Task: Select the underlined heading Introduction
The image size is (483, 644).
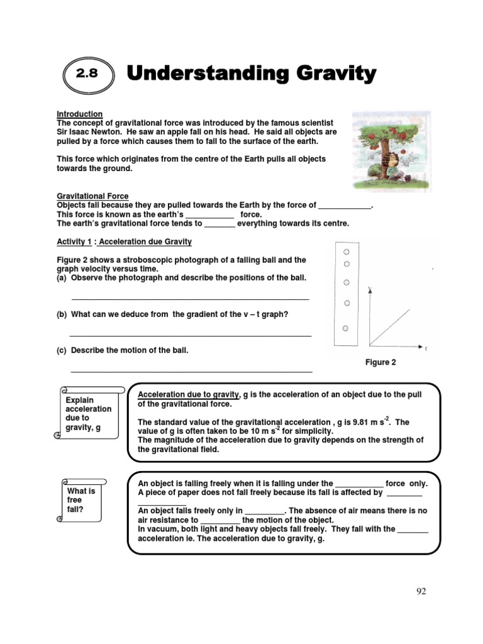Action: (x=80, y=114)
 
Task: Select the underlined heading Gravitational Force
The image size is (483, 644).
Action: (x=92, y=196)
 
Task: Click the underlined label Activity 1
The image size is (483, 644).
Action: (x=74, y=241)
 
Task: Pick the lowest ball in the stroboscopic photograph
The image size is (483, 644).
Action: (x=345, y=328)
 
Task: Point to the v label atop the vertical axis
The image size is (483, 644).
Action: (x=370, y=289)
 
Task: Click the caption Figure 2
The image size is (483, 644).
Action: (x=380, y=362)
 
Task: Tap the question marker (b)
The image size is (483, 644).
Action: (x=62, y=314)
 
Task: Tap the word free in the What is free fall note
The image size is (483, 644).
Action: (x=74, y=500)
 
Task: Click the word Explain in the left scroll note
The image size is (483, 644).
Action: (x=80, y=400)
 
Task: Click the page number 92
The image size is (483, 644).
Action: (x=421, y=591)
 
